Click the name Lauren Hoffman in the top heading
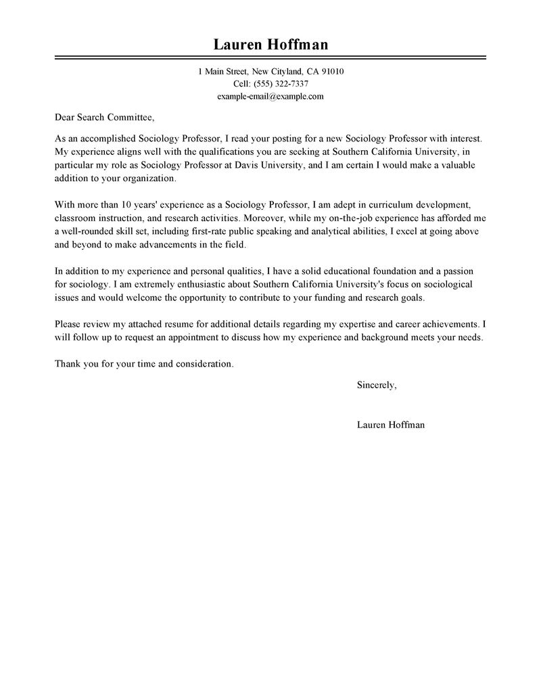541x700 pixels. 270,45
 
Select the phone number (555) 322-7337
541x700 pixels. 280,84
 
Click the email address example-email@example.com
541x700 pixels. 270,97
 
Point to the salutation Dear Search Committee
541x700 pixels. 105,116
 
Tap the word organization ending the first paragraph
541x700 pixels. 147,178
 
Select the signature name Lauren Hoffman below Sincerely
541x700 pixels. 390,425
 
